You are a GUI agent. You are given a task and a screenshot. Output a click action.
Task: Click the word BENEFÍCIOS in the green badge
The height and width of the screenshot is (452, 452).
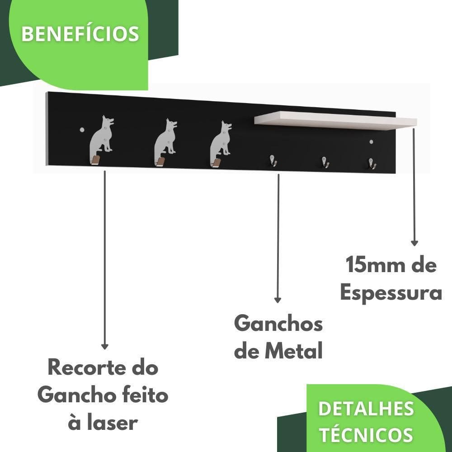tap(80, 34)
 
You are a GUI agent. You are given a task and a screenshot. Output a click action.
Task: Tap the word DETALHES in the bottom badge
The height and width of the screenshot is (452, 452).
tap(366, 409)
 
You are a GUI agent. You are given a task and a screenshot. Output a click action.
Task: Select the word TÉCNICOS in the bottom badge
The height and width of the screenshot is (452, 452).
tap(366, 435)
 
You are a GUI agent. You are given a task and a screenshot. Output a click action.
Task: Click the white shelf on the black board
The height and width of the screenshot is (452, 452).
tap(335, 120)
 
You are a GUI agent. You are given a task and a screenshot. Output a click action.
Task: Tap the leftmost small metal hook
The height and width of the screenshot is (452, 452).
tap(273, 160)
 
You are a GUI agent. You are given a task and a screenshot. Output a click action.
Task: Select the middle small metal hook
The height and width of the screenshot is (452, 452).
tap(325, 162)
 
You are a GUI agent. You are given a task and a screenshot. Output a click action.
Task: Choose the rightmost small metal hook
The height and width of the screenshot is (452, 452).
tap(372, 163)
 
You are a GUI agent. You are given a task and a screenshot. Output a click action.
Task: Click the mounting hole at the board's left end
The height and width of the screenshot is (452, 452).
tap(82, 130)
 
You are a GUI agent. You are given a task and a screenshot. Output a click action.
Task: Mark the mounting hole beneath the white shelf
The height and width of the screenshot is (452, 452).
tap(371, 142)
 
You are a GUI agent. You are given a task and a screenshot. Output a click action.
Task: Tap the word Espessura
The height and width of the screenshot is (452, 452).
tap(391, 293)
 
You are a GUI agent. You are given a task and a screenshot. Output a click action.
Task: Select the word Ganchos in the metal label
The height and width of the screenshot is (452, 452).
tap(278, 324)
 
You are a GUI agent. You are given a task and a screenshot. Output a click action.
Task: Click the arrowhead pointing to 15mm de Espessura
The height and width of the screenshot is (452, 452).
tap(414, 243)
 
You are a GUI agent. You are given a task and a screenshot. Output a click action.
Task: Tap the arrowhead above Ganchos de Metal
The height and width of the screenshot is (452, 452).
tap(278, 300)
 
